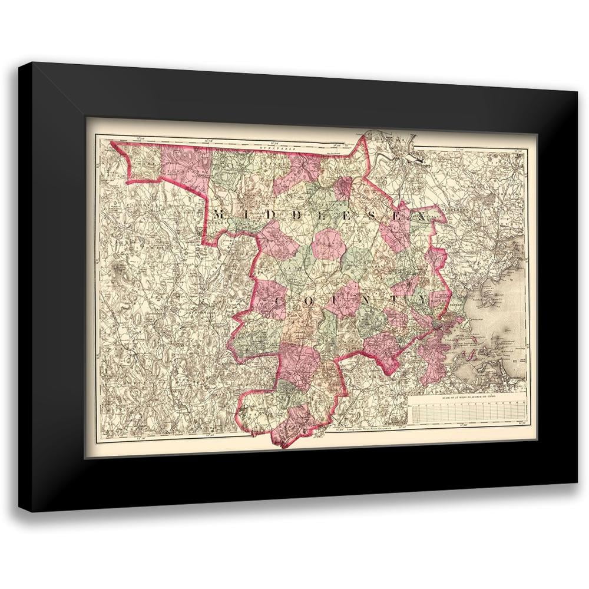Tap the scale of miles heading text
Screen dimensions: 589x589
point(468,399)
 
